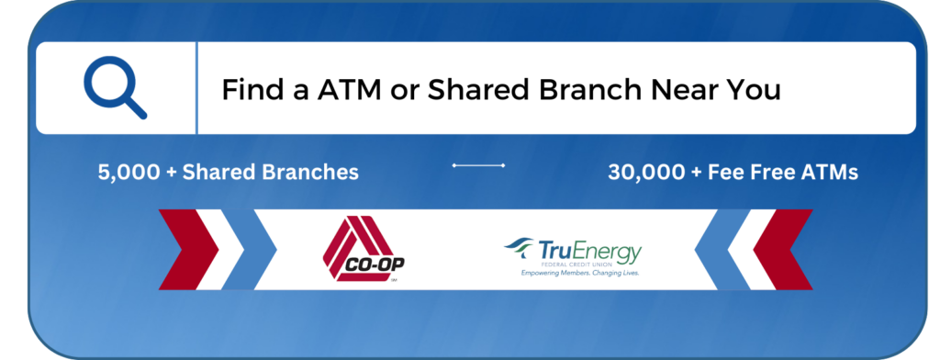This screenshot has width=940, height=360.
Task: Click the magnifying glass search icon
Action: click(115, 88)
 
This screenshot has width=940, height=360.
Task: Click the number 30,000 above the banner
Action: click(644, 172)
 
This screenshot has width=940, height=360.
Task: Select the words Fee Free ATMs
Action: click(790, 172)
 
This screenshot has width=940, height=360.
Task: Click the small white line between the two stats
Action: click(478, 165)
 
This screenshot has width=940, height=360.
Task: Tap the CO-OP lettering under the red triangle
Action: click(375, 266)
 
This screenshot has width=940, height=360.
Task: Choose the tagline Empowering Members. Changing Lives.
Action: click(579, 273)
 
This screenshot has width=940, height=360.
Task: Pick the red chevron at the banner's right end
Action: click(785, 248)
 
